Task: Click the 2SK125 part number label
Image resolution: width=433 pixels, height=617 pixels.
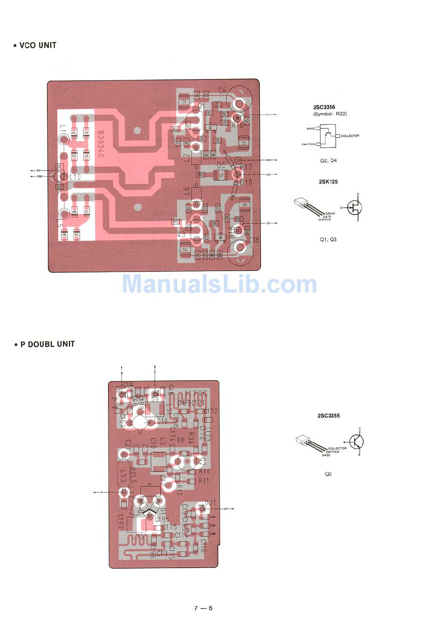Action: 328,182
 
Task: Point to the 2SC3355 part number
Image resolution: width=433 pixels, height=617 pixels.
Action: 329,416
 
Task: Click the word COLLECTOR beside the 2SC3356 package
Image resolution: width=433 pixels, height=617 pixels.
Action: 350,136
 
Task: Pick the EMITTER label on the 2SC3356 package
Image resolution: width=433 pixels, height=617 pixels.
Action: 309,144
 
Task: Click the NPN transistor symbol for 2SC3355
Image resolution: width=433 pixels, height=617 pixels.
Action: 357,441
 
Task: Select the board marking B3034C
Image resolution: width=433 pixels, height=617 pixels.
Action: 100,145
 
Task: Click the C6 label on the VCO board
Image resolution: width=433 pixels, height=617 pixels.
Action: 222,90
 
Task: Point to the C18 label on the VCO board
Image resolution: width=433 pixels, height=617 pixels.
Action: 254,240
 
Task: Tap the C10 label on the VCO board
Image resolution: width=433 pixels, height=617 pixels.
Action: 75,177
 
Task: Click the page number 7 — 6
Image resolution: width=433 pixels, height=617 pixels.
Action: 203,608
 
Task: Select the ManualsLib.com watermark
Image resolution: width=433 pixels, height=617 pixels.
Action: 220,284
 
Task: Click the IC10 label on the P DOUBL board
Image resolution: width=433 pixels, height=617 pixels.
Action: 161,421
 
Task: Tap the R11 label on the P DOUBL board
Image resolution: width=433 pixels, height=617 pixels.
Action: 204,481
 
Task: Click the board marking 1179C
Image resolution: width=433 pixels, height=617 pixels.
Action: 196,393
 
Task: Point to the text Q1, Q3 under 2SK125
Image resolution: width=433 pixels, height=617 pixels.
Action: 328,239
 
